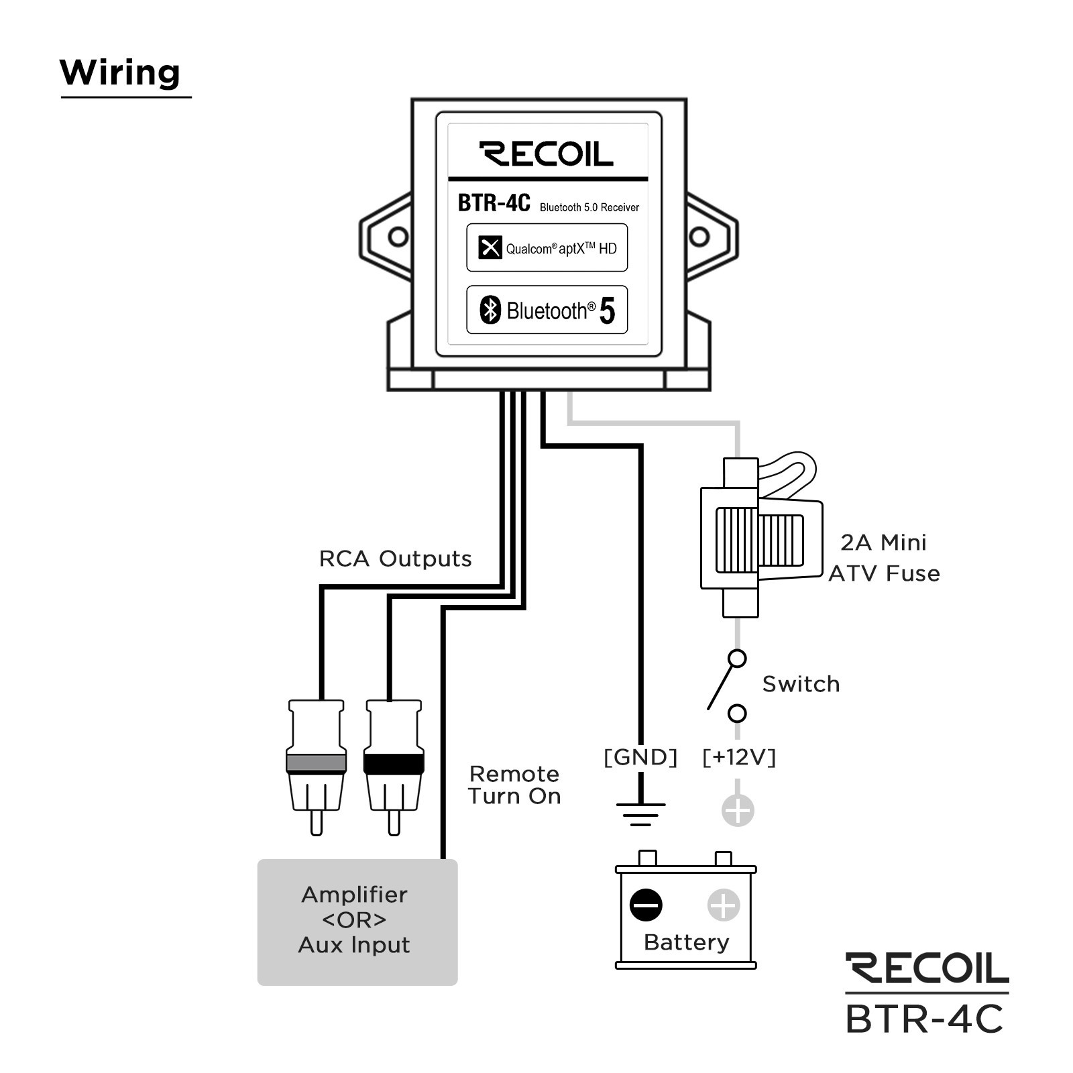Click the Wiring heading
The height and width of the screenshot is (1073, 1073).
(x=120, y=72)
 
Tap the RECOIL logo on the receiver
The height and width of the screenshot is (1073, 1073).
(x=546, y=154)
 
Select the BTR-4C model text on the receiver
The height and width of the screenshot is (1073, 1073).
(x=494, y=203)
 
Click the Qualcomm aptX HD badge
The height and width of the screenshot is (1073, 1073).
(x=547, y=248)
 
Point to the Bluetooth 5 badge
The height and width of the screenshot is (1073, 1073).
(x=547, y=310)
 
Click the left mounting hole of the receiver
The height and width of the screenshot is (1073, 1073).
(x=398, y=237)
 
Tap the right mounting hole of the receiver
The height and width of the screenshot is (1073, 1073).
(x=699, y=236)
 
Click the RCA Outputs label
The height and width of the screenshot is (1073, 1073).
(x=395, y=559)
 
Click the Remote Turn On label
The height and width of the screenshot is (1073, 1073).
(x=514, y=785)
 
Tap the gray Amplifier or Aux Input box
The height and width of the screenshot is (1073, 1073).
(x=357, y=921)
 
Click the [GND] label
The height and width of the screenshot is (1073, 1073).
(x=640, y=757)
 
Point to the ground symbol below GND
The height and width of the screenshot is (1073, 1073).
(x=640, y=813)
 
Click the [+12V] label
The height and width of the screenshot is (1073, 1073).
(x=738, y=757)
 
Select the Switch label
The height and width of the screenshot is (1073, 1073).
(x=801, y=684)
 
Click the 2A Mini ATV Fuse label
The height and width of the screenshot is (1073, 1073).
(x=884, y=558)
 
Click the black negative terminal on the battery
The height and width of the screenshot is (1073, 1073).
(x=646, y=905)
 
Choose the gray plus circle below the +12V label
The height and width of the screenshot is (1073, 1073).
(x=738, y=810)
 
